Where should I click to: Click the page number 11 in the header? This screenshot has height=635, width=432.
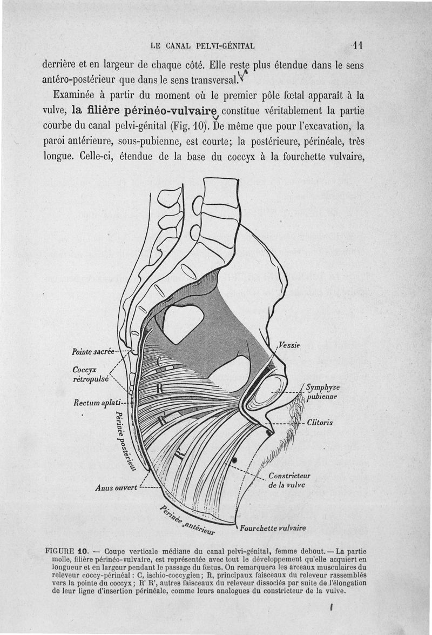pyautogui.click(x=356, y=45)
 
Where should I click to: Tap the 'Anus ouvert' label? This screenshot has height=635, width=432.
pyautogui.click(x=115, y=487)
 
